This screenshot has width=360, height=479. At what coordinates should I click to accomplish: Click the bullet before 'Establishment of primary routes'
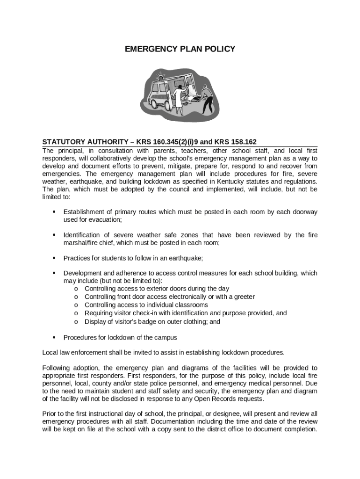[54, 212]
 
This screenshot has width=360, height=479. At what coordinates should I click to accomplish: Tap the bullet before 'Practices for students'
[54, 258]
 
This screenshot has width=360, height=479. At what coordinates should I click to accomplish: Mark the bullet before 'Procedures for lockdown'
[54, 337]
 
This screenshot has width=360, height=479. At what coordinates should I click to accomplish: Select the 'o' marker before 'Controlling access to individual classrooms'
[76, 305]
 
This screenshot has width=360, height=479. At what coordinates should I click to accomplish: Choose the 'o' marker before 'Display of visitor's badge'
[76, 322]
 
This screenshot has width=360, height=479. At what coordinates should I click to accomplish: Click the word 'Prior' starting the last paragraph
[50, 414]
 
